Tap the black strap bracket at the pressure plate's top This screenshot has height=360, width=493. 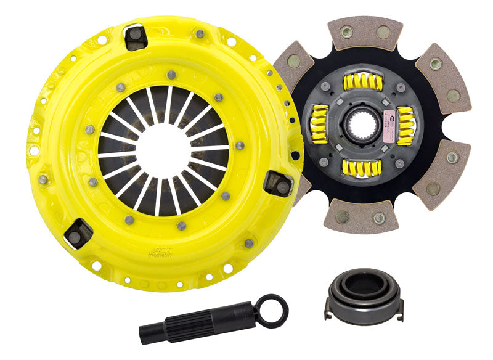click(x=136, y=37)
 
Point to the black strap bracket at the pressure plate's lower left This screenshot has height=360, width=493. click(x=78, y=232)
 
